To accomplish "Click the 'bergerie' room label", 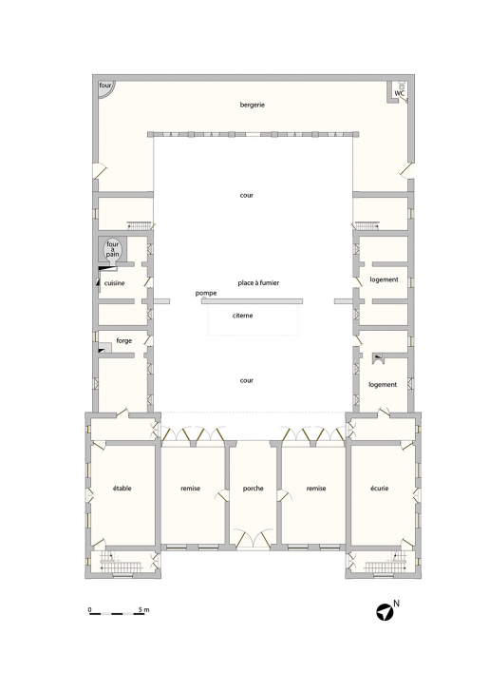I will tap(252, 105).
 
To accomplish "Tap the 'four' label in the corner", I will tap(104, 86).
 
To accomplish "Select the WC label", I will tap(402, 92).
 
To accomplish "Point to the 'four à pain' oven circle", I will tap(113, 249).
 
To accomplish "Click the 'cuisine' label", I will tap(116, 282).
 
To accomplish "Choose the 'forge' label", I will tap(123, 339).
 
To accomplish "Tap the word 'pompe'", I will tap(206, 294).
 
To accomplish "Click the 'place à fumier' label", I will tap(259, 282).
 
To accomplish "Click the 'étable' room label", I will tap(123, 488).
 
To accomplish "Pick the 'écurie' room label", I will tap(380, 488).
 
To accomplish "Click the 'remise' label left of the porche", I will tap(190, 488).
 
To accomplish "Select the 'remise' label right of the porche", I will tap(316, 488).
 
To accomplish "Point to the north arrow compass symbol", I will tap(383, 613).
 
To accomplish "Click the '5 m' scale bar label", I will tap(143, 608).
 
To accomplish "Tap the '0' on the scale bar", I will tap(89, 608).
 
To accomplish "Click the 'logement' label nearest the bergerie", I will tap(383, 279).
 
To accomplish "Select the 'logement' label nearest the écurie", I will tap(383, 384).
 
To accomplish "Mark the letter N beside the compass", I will tap(397, 604).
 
